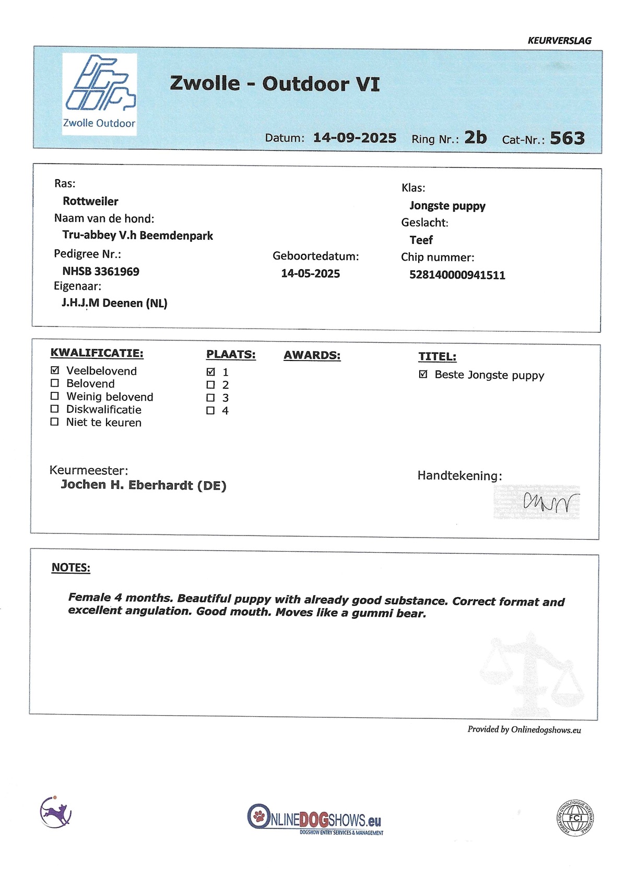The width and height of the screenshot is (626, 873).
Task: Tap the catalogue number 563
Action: (x=567, y=138)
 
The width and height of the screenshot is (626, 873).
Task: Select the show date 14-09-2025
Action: (x=355, y=138)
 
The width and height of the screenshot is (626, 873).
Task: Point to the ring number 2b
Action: (x=475, y=137)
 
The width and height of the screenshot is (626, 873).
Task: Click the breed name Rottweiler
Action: (x=90, y=201)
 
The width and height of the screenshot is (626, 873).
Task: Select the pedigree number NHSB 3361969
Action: (x=101, y=271)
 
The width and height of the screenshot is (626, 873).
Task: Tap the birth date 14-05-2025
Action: (x=310, y=274)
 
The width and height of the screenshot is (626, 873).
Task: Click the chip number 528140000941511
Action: (x=457, y=275)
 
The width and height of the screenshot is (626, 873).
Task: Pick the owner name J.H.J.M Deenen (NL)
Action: (x=114, y=303)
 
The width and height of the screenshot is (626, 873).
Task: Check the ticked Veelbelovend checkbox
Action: (x=55, y=370)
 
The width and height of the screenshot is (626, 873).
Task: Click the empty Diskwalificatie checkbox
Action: (x=55, y=409)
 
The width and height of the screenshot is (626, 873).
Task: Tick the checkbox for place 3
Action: (x=211, y=398)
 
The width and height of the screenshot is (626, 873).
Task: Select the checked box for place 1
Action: (x=211, y=372)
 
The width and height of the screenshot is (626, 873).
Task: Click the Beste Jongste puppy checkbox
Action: (x=423, y=375)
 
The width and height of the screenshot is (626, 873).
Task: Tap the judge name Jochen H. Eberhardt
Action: (x=144, y=485)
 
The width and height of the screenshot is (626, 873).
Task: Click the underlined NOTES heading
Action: (x=71, y=568)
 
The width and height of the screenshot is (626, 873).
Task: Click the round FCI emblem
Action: (x=575, y=818)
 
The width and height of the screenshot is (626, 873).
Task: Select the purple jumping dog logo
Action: (x=55, y=812)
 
